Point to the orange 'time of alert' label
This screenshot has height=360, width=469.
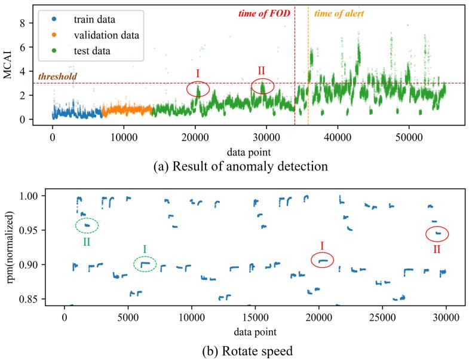[x=338, y=13]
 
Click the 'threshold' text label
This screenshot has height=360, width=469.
[x=57, y=77]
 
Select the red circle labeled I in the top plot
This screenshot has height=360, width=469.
[x=198, y=89]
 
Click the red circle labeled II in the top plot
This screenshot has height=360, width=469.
[x=262, y=86]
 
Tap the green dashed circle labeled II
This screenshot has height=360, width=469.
[x=87, y=225]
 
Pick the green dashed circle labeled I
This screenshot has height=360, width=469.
[x=144, y=264]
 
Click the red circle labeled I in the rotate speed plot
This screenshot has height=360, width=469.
[x=323, y=260]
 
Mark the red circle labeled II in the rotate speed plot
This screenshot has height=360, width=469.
[x=437, y=234]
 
